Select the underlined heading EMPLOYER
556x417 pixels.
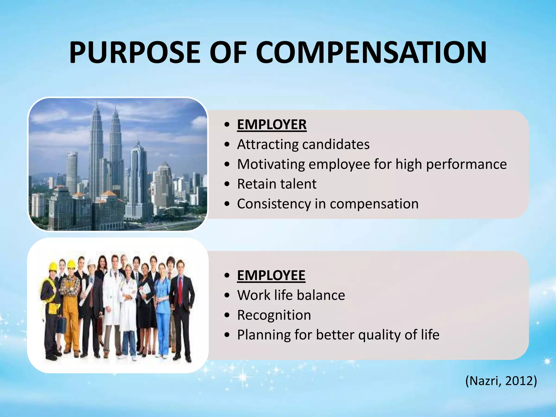pyautogui.click(x=272, y=125)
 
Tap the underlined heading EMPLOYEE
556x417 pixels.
pyautogui.click(x=271, y=275)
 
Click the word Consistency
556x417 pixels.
pyautogui.click(x=274, y=204)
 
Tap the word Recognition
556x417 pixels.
pyautogui.click(x=274, y=315)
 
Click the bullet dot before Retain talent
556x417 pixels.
pyautogui.click(x=227, y=184)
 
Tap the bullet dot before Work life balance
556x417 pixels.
pyautogui.click(x=227, y=295)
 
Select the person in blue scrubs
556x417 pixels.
pyautogui.click(x=163, y=307)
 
